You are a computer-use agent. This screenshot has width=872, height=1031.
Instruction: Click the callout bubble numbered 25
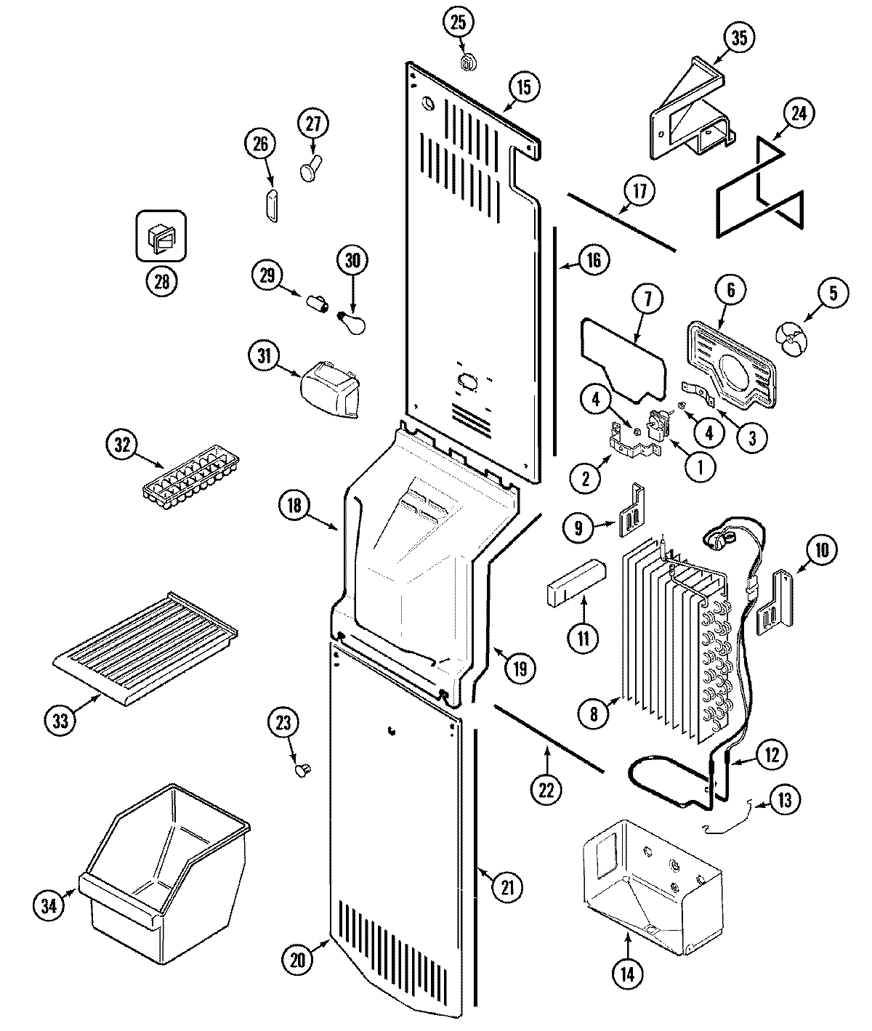[458, 23]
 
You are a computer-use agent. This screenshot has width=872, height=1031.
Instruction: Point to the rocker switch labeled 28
[161, 235]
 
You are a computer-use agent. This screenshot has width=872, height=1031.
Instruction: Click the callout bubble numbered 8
[593, 714]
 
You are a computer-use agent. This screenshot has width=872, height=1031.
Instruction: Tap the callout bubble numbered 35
[738, 39]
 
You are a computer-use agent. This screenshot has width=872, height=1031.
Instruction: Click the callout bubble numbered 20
[296, 959]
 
